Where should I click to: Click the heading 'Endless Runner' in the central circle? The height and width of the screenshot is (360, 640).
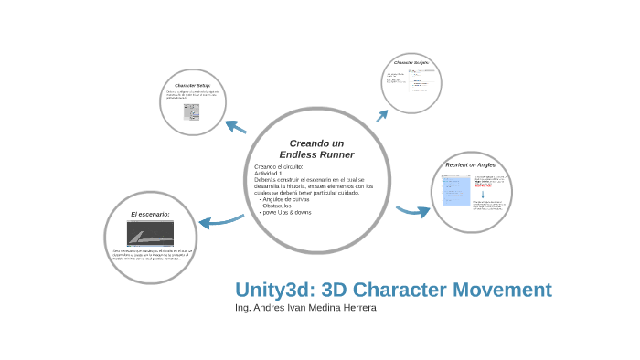click(x=316, y=154)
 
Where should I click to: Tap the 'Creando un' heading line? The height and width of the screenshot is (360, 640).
click(x=316, y=143)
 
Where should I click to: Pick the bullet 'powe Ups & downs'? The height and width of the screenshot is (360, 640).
click(x=287, y=212)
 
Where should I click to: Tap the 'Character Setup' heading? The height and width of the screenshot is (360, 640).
click(x=193, y=85)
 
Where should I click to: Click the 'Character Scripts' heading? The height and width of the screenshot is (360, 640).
click(x=411, y=62)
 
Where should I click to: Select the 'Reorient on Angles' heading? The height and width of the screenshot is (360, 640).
click(x=471, y=164)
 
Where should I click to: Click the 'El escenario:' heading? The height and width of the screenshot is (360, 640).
click(x=150, y=214)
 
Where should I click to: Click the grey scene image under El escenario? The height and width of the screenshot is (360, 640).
click(x=150, y=233)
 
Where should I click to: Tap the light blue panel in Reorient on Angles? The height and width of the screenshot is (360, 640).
click(x=456, y=193)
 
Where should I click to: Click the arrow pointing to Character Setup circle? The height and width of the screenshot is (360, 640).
click(x=236, y=126)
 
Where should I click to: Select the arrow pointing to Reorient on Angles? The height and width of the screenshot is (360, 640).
click(x=413, y=211)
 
